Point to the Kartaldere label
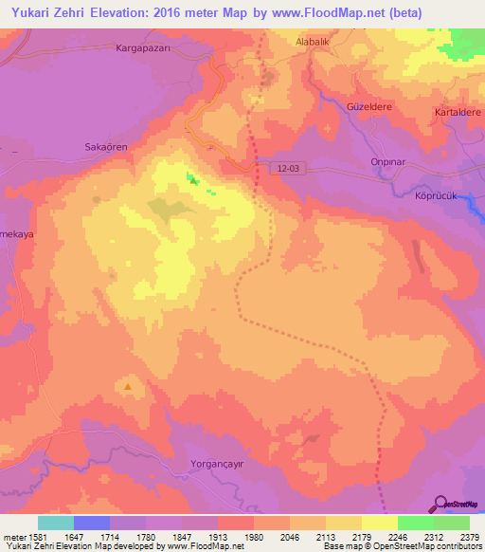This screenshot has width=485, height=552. [458, 112]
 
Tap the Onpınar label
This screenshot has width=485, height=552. [388, 161]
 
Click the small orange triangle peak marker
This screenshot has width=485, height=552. [129, 387]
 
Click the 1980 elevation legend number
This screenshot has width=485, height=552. [253, 536]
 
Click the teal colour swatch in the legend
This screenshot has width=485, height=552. [56, 523]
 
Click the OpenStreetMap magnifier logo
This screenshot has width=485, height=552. [441, 503]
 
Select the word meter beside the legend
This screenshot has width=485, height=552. [13, 536]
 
